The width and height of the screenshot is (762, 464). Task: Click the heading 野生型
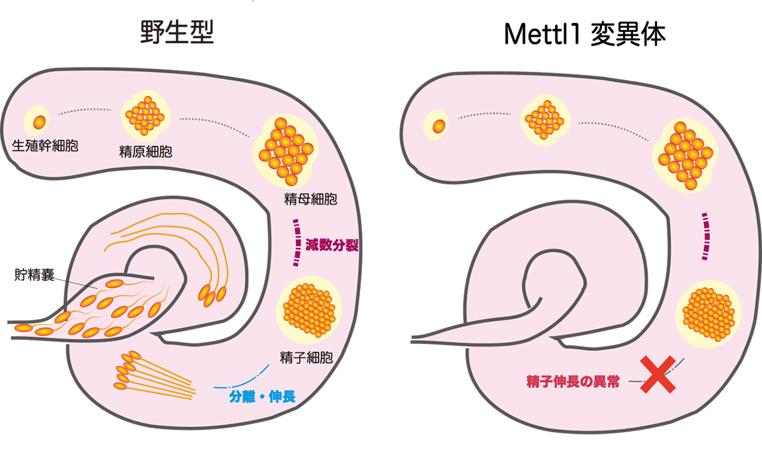point(177,32)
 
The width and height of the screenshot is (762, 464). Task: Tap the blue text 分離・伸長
point(261,398)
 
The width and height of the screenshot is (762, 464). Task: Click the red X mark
point(657,374)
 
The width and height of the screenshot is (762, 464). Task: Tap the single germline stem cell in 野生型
point(39,121)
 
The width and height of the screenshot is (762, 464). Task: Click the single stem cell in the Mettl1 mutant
point(438,125)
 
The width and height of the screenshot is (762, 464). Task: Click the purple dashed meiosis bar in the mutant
point(705,237)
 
